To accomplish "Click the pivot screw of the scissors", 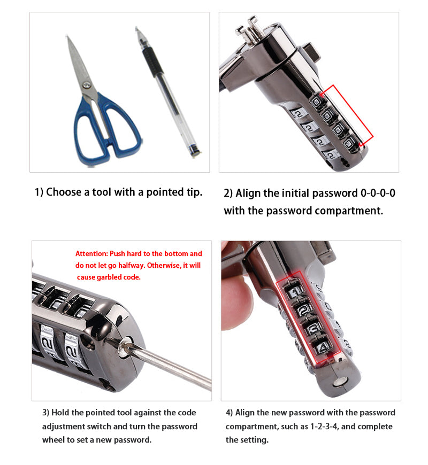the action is [x=86, y=85].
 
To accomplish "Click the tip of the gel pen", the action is [x=137, y=28].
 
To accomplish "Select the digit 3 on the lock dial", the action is [x=313, y=328].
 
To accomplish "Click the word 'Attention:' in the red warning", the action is [x=91, y=253].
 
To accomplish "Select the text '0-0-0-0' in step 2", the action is [x=378, y=193].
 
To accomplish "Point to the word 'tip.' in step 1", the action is [x=194, y=192].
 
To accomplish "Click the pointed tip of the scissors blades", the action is [x=67, y=36].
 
